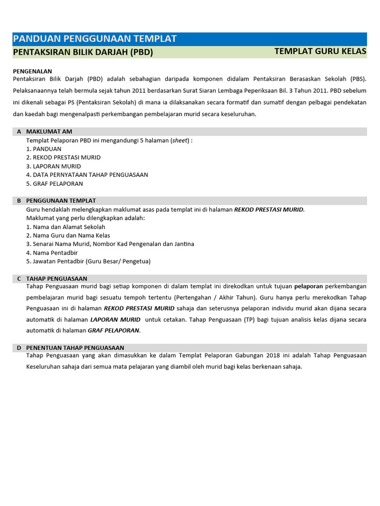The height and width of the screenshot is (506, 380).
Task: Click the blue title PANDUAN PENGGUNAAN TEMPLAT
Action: (x=95, y=39)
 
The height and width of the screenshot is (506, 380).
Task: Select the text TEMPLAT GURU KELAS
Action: (x=320, y=51)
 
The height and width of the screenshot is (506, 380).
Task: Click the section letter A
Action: (x=19, y=131)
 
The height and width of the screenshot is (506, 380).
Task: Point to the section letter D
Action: (x=19, y=348)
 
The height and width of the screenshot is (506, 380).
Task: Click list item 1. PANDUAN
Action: (x=44, y=149)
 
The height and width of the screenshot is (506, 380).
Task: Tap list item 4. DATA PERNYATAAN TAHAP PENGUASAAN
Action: (x=87, y=174)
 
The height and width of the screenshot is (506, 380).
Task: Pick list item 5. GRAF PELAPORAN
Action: (x=54, y=183)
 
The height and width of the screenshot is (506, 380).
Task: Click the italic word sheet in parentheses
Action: (x=180, y=140)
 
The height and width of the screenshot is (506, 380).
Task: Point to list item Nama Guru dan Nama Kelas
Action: (x=68, y=235)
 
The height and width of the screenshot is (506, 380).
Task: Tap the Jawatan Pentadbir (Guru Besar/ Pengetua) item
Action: (x=88, y=261)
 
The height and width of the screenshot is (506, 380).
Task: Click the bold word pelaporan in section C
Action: (x=309, y=287)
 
